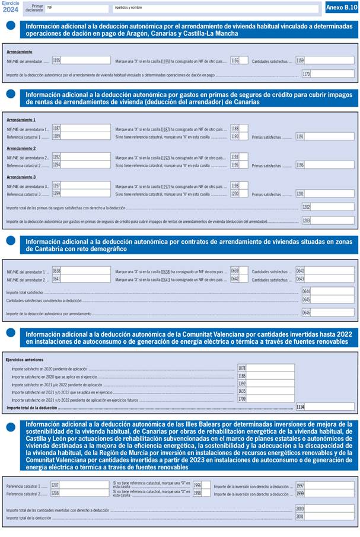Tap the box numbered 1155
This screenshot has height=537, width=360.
click(x=85, y=60)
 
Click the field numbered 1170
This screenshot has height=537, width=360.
click(x=332, y=74)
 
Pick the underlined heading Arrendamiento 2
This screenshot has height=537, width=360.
click(x=21, y=148)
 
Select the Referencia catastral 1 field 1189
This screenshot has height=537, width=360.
click(x=85, y=136)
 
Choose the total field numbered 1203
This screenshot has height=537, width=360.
click(x=332, y=220)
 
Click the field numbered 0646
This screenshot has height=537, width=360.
click(x=332, y=312)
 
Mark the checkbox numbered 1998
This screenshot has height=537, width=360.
click(x=206, y=493)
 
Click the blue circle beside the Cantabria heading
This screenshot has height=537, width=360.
click(x=11, y=241)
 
